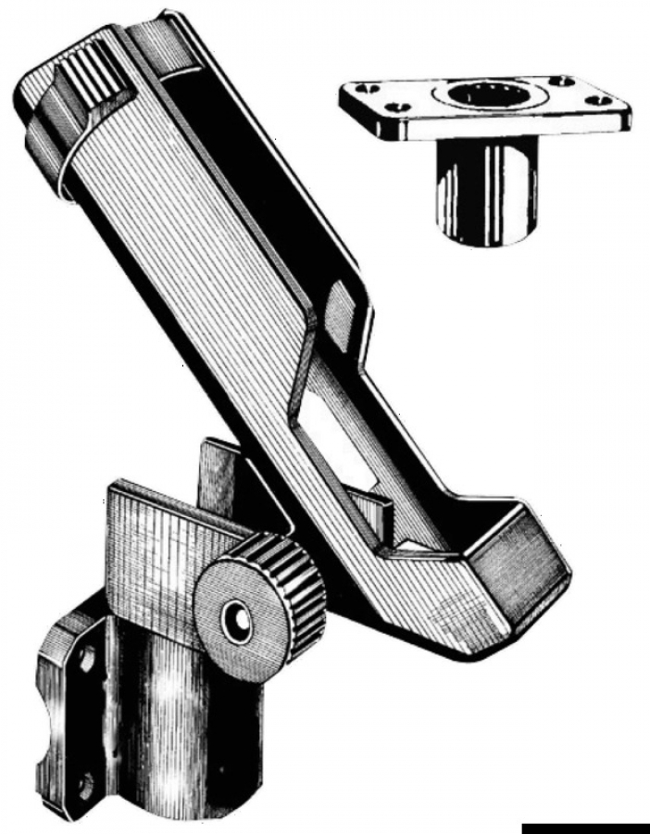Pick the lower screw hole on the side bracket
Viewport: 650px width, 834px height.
pyautogui.click(x=84, y=786)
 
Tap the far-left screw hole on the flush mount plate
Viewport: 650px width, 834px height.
pyautogui.click(x=358, y=92)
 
